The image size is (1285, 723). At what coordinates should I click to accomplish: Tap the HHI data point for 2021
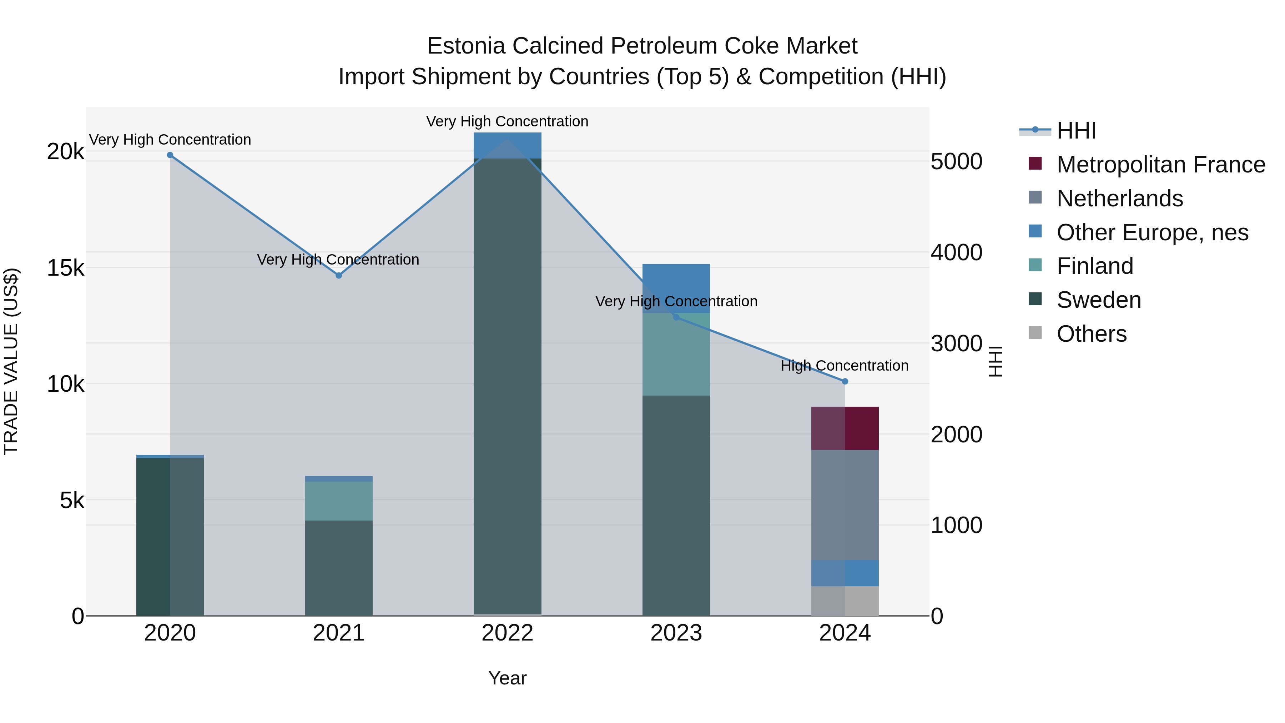point(339,275)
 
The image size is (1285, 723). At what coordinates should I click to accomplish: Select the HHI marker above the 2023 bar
point(676,317)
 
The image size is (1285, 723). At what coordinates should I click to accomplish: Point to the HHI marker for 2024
point(845,381)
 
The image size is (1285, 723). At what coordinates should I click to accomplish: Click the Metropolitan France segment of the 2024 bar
point(845,428)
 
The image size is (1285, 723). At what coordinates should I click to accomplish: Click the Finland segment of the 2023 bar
point(676,354)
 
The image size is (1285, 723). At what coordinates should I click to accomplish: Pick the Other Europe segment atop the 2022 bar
point(507,145)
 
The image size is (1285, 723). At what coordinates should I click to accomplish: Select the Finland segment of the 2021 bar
point(339,501)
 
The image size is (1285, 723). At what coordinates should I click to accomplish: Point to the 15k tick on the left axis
point(65,268)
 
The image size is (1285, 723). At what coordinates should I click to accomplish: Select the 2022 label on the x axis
point(507,633)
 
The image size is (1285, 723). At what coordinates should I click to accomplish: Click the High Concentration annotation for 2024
point(844,366)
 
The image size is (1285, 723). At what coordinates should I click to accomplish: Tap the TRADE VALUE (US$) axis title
point(11,361)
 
